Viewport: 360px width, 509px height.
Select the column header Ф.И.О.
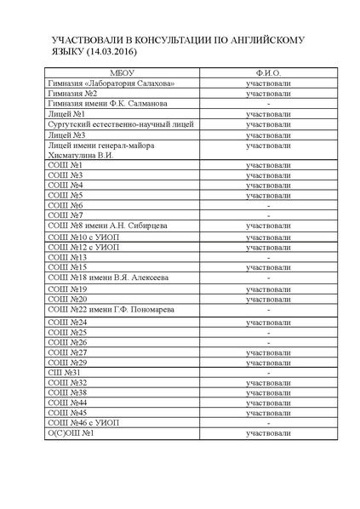267,73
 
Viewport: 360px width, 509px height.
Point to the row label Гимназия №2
73,94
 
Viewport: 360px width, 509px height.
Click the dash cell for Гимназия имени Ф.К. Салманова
268,104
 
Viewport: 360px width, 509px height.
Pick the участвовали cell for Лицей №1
268,114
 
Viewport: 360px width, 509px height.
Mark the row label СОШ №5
66,195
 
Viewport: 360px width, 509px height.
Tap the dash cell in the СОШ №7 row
268,215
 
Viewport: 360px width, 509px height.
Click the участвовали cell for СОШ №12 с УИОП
268,247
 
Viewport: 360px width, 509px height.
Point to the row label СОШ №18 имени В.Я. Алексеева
108,277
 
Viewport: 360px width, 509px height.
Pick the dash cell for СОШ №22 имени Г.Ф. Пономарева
268,310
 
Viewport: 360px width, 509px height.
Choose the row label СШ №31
63,372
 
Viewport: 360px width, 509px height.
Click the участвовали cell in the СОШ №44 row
268,403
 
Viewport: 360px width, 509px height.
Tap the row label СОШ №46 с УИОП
86,423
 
